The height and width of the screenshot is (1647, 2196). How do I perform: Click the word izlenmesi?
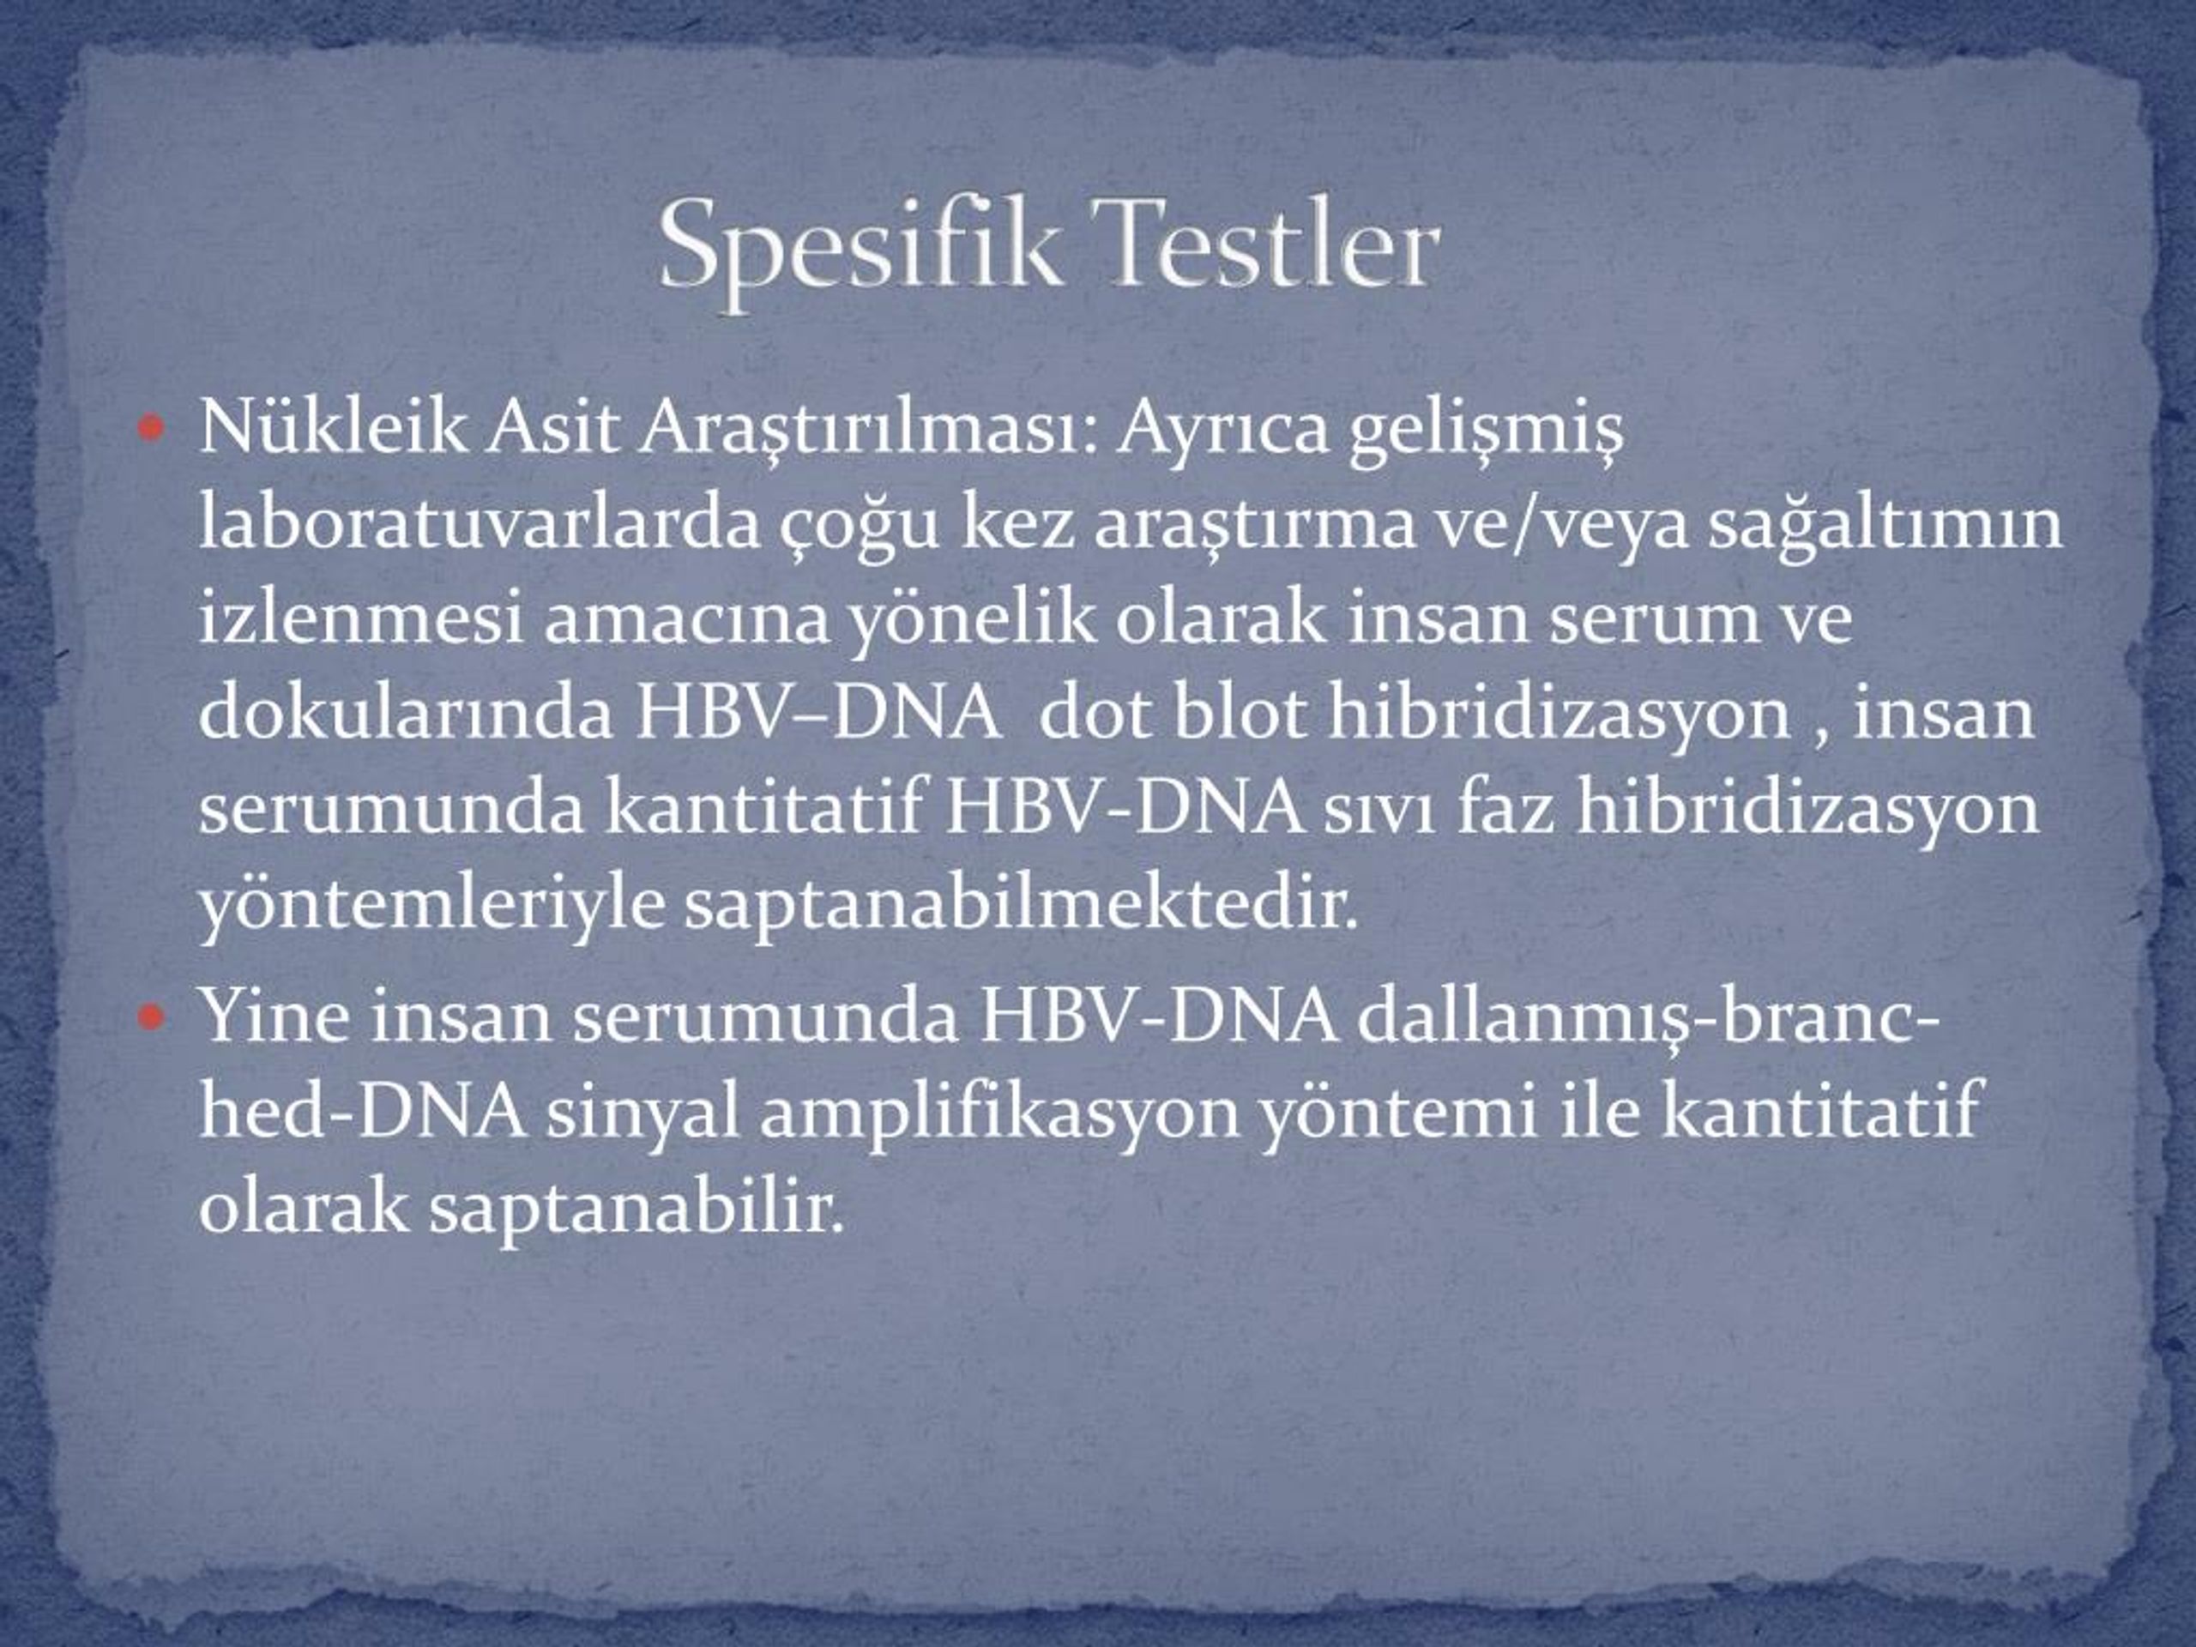[x=360, y=618]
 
